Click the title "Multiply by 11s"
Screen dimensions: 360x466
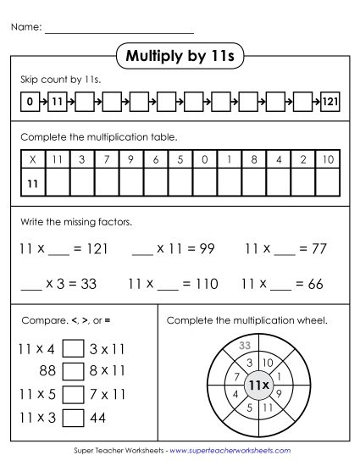click(179, 57)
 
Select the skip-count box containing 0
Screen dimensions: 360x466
click(29, 103)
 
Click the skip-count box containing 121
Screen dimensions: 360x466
click(330, 103)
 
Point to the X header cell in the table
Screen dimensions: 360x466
click(32, 159)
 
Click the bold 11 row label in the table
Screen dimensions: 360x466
click(32, 182)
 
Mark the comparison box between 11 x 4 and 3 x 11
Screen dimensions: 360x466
click(73, 348)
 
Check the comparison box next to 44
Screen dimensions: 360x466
click(73, 417)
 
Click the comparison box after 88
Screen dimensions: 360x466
click(73, 371)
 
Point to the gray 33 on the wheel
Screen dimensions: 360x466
click(246, 345)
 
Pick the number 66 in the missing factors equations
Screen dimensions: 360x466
click(315, 285)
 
